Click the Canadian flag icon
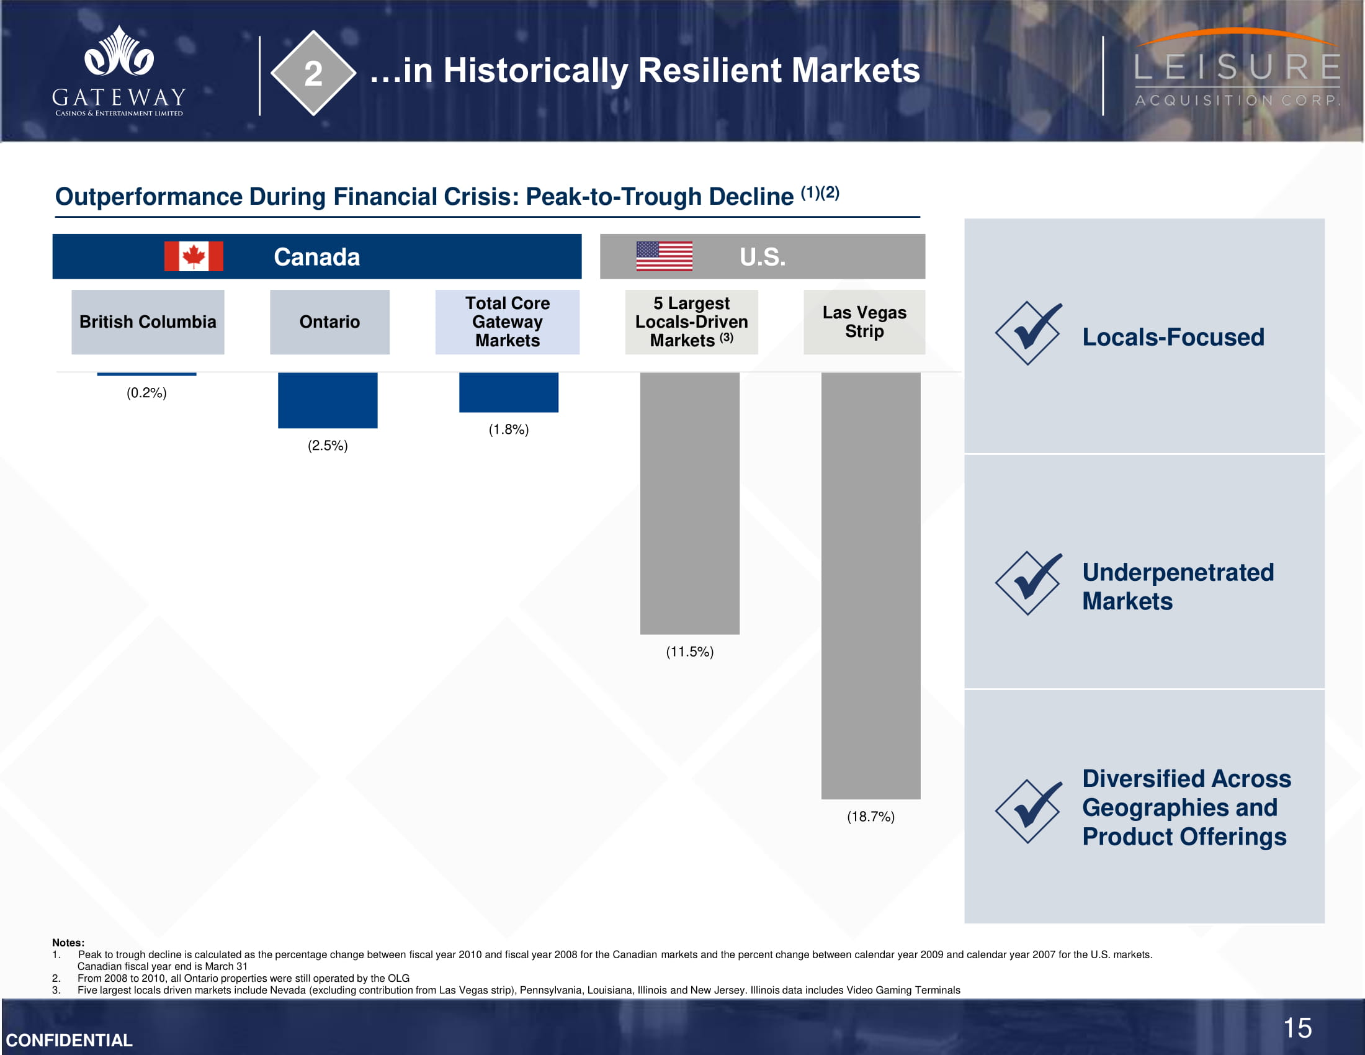pyautogui.click(x=194, y=256)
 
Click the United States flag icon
pyautogui.click(x=665, y=256)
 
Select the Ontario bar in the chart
pyautogui.click(x=328, y=401)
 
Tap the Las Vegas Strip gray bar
pyautogui.click(x=870, y=586)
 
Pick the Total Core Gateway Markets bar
pyautogui.click(x=509, y=392)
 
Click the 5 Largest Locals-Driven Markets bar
pyautogui.click(x=689, y=504)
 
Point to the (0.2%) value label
pyautogui.click(x=147, y=392)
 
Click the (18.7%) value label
pyautogui.click(x=870, y=817)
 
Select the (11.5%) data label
pyautogui.click(x=689, y=652)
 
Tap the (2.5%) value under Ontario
pyautogui.click(x=328, y=446)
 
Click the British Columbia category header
pyautogui.click(x=148, y=322)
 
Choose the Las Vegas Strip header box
pyautogui.click(x=864, y=322)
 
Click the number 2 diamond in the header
pyautogui.click(x=313, y=73)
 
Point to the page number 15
pyautogui.click(x=1297, y=1028)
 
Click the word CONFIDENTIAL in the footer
pyautogui.click(x=69, y=1040)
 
